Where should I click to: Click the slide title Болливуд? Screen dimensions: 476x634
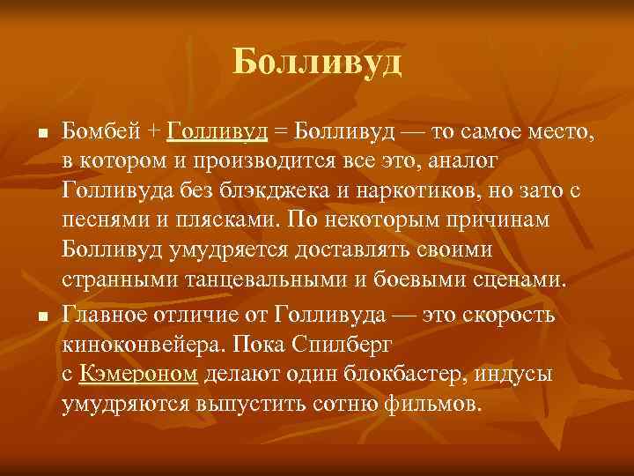point(317,63)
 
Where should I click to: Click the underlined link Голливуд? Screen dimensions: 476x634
point(216,132)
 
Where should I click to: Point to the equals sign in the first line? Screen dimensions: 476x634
point(280,132)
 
